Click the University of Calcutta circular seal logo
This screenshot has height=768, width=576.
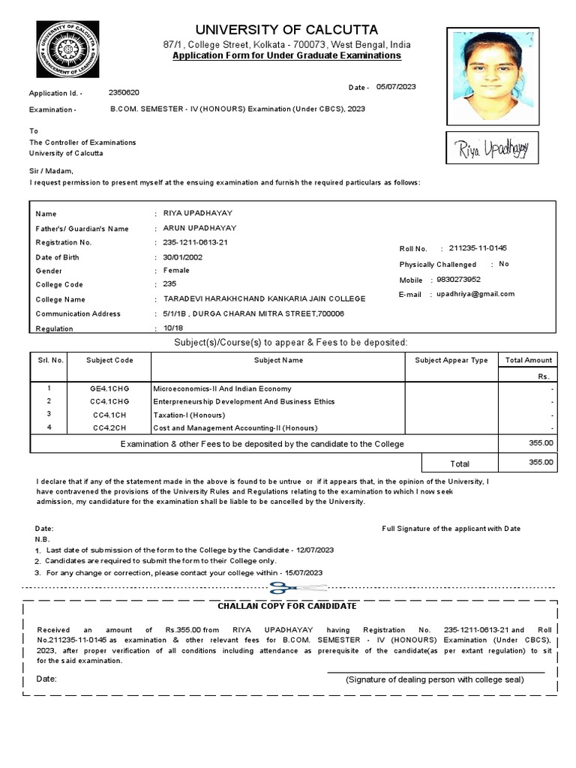point(69,54)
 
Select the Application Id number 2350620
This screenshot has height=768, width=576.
point(124,92)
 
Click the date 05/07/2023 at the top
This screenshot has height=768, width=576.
point(395,87)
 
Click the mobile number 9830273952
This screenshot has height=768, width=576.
point(460,279)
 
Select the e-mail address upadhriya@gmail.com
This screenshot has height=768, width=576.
point(475,294)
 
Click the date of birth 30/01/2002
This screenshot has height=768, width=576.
point(183,256)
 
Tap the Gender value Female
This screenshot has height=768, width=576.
point(176,270)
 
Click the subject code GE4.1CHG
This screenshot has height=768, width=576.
point(109,389)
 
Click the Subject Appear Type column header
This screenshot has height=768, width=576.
point(451,360)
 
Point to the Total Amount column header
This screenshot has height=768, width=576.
point(528,360)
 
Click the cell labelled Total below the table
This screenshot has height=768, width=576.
point(459,463)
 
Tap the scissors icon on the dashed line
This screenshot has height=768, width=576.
point(284,587)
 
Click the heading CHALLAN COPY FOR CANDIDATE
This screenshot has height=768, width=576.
point(287,606)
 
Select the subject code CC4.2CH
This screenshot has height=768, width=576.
point(109,427)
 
